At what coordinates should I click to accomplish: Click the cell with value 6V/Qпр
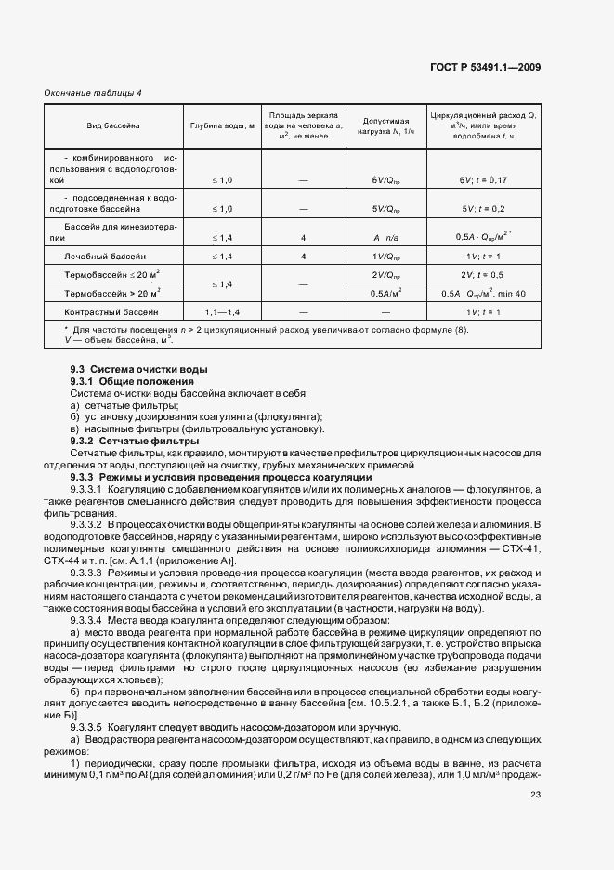[385, 178]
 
